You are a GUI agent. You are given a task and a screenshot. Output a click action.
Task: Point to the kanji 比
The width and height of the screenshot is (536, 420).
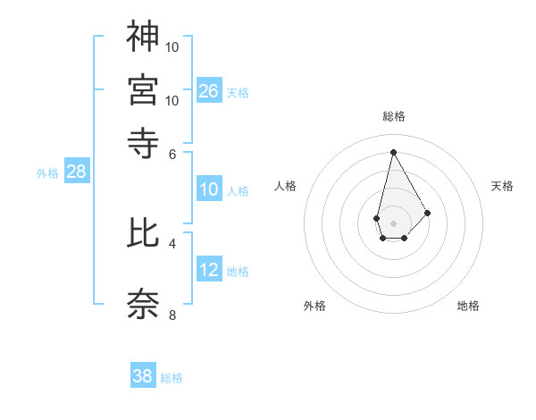[x=144, y=232]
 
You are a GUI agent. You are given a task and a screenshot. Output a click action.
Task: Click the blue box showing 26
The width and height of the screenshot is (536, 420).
[x=208, y=90]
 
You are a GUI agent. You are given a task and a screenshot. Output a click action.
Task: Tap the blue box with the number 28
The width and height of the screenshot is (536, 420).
[x=76, y=172]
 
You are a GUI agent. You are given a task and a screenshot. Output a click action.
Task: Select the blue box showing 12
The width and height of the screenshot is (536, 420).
[x=208, y=269]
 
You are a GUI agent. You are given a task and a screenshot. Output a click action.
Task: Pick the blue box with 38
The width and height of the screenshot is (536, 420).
[x=143, y=376]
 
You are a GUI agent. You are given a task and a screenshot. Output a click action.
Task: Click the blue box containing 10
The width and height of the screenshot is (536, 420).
[x=208, y=189]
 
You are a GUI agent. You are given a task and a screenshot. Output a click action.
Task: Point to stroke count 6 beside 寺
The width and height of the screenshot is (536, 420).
[x=172, y=153]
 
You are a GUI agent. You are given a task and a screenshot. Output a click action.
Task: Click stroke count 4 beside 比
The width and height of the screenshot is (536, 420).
[x=172, y=243]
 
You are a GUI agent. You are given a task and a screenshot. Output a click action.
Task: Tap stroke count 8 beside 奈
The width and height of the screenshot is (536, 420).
[x=172, y=315]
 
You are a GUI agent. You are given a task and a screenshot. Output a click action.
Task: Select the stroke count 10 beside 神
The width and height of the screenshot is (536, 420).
[x=172, y=46]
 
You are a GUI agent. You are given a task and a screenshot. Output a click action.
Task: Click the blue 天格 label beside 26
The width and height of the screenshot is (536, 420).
[x=238, y=92]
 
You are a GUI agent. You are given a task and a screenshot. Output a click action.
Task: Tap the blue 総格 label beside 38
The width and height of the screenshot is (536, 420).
[x=172, y=378]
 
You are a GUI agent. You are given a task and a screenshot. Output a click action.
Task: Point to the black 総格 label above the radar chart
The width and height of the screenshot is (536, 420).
[x=393, y=116]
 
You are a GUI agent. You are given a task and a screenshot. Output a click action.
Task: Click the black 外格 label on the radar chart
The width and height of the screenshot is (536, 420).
[x=314, y=306]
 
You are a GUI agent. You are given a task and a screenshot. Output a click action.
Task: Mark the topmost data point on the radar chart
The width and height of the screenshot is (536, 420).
[x=393, y=152]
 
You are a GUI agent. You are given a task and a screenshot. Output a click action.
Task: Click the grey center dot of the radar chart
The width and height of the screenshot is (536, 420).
[x=393, y=222]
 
